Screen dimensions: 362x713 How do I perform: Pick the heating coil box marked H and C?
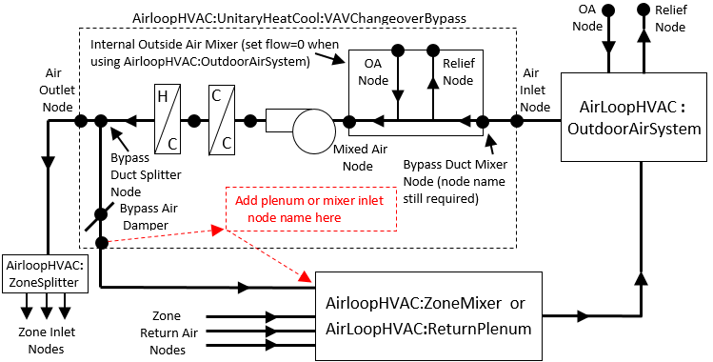167,121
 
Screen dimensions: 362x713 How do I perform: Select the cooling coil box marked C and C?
223,121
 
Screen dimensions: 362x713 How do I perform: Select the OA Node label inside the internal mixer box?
372,72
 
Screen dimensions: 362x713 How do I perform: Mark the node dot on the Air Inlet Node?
518,122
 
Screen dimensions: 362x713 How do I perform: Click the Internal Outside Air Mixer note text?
205,53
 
